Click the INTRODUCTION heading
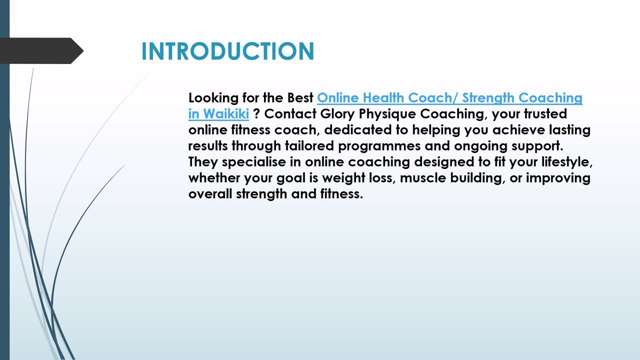pos(227,51)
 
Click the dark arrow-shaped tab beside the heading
pos(40,50)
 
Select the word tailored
pos(311,146)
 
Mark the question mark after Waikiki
pos(256,114)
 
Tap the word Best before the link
pos(300,98)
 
